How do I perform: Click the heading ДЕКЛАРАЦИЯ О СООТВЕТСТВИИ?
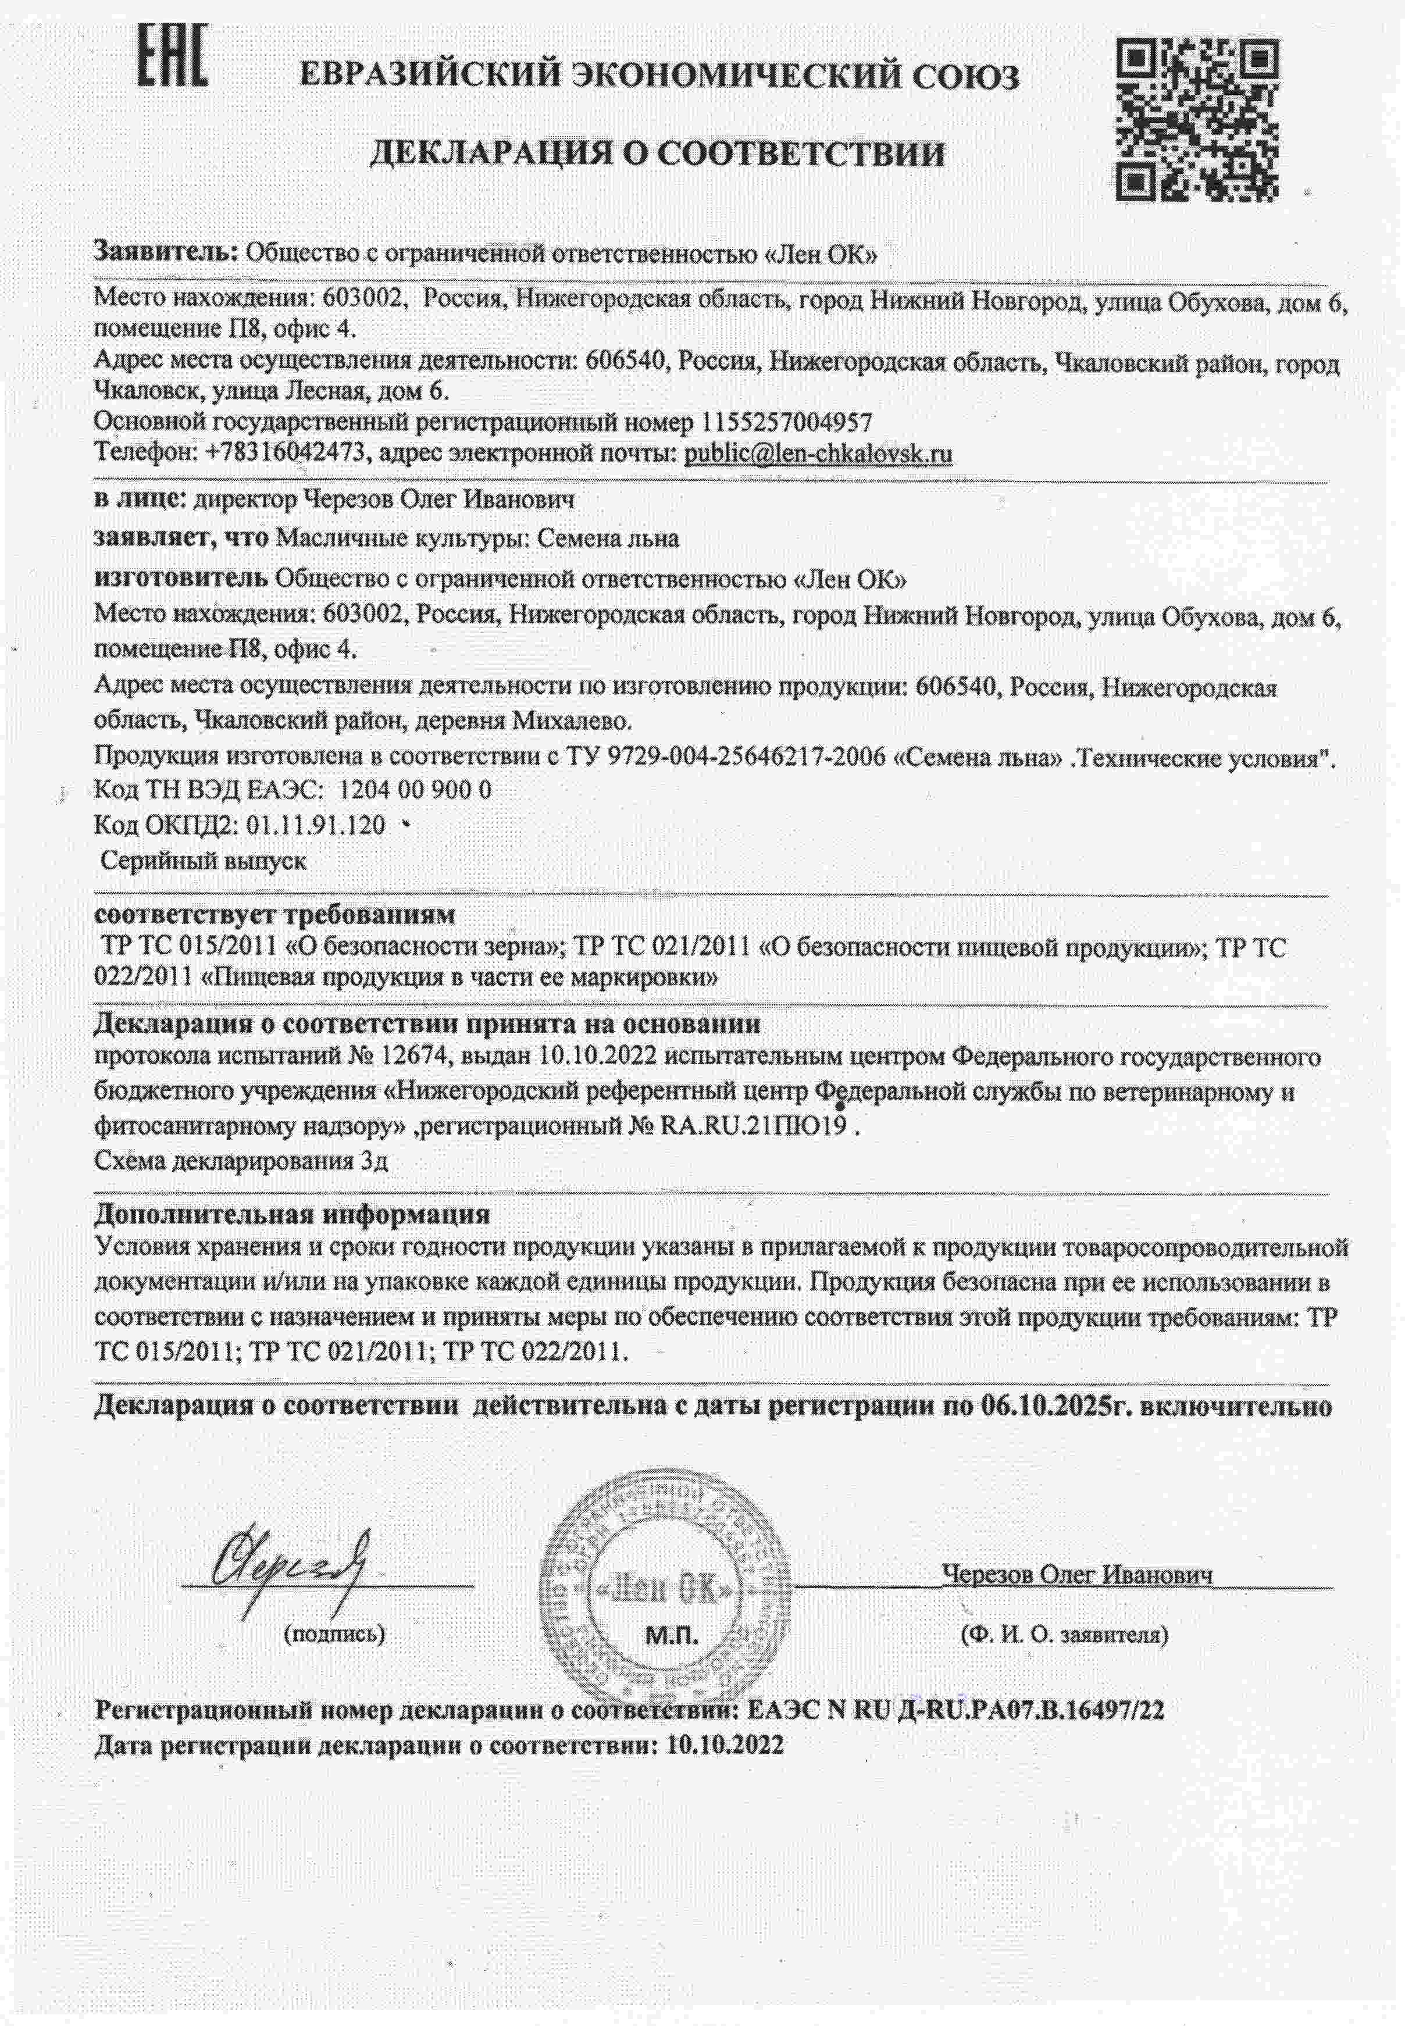[x=656, y=154]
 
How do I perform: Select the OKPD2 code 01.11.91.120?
[x=317, y=825]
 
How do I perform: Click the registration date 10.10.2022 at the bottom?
[x=725, y=1745]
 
